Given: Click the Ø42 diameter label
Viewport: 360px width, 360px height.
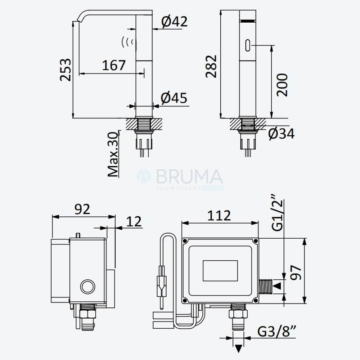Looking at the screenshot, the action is coord(174,22).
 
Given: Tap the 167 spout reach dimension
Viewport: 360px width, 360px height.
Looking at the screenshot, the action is coord(114,65).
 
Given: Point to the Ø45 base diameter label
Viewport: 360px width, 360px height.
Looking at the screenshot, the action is coord(174,98).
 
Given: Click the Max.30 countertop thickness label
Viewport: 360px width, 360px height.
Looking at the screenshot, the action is coord(113,154).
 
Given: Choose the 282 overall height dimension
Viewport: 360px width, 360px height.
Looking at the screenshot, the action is coord(211,66).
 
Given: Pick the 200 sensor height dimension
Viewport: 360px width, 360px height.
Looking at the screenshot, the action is coord(282,85).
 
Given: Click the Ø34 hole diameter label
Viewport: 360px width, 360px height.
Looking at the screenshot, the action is coord(281,134).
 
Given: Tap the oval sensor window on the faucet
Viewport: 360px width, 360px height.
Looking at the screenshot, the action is coord(248,45).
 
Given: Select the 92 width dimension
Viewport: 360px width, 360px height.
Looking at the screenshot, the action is coord(82,209).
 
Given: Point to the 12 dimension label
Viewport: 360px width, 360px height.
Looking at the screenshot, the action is coord(134,221).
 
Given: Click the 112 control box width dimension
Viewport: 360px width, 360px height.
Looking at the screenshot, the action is coord(219,215).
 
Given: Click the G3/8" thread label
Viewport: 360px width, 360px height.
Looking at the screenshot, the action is coord(276,331).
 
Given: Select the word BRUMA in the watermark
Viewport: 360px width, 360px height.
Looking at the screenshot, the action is coord(190,176).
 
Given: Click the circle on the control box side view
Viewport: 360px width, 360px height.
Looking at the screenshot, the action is coord(87,286).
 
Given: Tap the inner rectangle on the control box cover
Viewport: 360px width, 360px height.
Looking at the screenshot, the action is coord(220,271).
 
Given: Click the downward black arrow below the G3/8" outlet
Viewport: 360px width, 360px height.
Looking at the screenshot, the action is coord(239,348).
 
